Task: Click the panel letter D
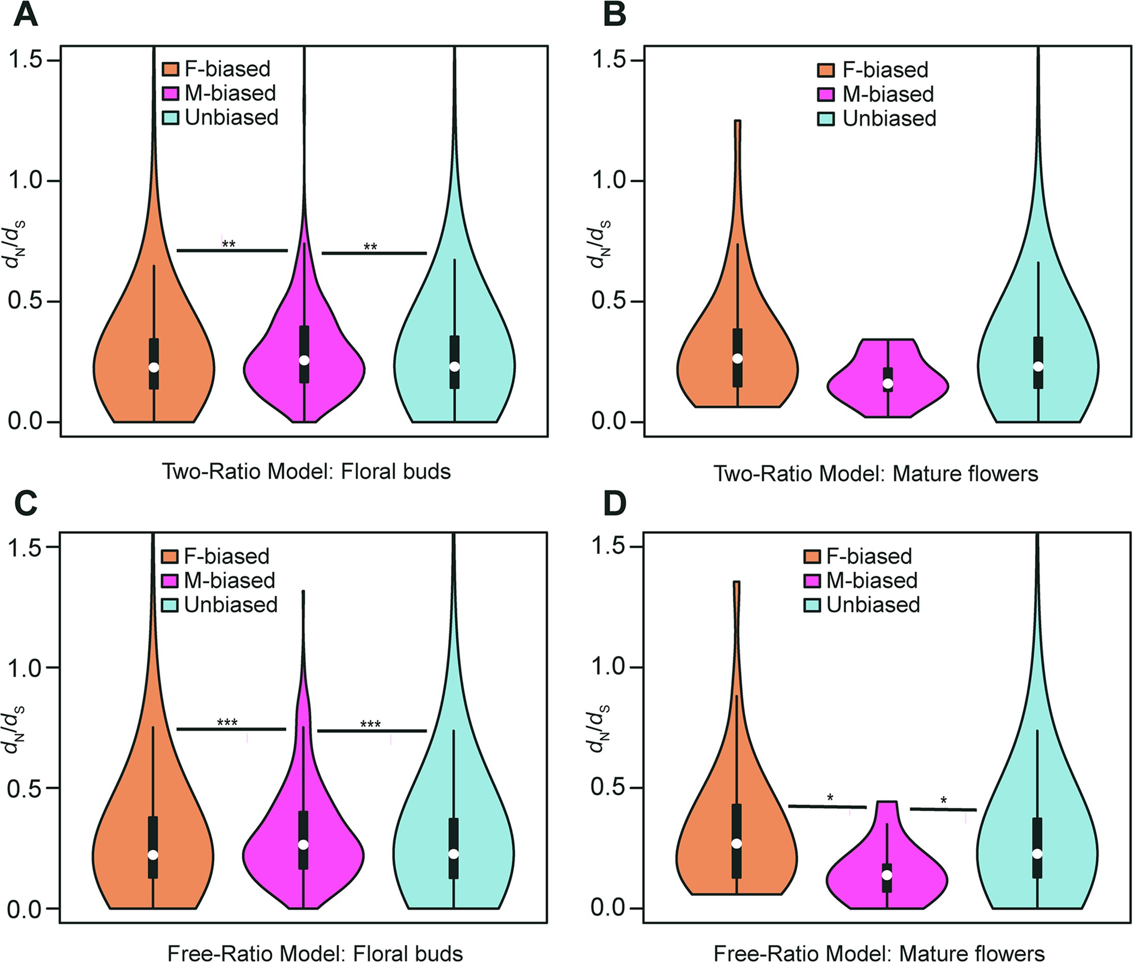(614, 503)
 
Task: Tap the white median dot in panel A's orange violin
(154, 367)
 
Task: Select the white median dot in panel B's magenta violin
(888, 383)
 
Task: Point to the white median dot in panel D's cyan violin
(1037, 853)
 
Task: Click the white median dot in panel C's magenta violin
(304, 844)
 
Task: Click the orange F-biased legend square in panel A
(171, 69)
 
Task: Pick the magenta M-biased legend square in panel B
(826, 94)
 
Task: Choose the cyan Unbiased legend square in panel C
(170, 605)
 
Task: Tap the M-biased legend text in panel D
(872, 580)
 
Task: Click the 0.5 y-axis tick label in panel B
(609, 301)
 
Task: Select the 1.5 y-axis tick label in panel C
(25, 547)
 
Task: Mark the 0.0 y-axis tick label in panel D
(609, 908)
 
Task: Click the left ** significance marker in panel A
(228, 244)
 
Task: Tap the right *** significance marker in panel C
(370, 724)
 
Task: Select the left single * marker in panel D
(830, 798)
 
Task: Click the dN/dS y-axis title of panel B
(600, 244)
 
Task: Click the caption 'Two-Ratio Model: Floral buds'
(306, 472)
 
